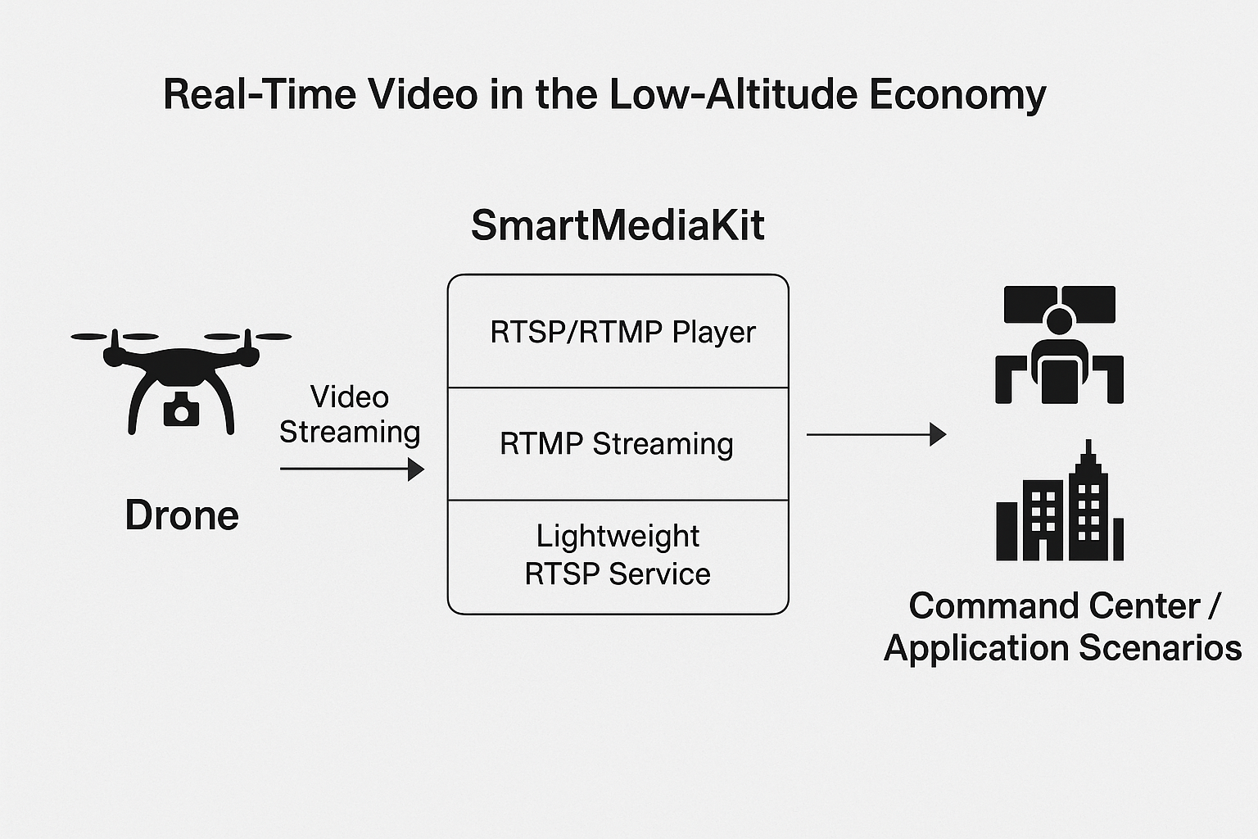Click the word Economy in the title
pos(957,94)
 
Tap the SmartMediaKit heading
pos(618,225)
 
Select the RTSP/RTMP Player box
pos(618,332)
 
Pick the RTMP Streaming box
pos(618,444)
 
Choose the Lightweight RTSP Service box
pos(618,556)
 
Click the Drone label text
pos(182,515)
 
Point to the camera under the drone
pos(181,409)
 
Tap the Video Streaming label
pos(350,415)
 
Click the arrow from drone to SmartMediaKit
pos(352,469)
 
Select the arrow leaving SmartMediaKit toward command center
pos(876,434)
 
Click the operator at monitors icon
pos(1059,345)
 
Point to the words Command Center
pos(1054,607)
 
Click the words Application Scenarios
pos(1062,648)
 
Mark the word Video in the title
pos(423,94)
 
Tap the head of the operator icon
pos(1059,320)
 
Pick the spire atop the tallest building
pos(1088,451)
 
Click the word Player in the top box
pos(713,333)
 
